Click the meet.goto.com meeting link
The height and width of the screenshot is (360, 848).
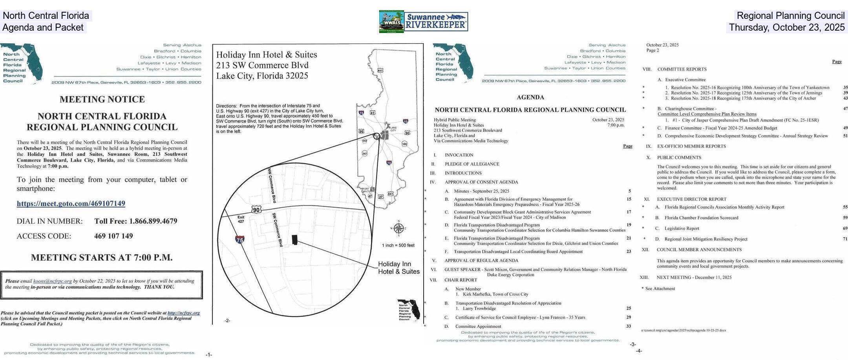(x=71, y=203)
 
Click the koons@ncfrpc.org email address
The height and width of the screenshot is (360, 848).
(x=52, y=281)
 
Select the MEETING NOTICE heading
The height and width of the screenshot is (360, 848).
(x=102, y=99)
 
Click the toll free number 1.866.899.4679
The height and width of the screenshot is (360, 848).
(x=135, y=221)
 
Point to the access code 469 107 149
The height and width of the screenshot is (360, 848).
(x=113, y=236)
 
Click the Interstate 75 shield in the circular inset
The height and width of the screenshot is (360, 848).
(x=240, y=239)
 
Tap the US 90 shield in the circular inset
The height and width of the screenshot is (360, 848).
(x=256, y=210)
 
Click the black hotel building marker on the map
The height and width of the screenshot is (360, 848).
(x=295, y=240)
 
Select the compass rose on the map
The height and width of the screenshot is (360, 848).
(x=398, y=228)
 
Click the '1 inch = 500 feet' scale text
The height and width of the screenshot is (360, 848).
(x=398, y=245)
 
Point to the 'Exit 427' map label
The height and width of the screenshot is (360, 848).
(x=241, y=219)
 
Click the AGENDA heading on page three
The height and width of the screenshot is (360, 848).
(x=530, y=97)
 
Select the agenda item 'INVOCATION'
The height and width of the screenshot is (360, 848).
(x=459, y=155)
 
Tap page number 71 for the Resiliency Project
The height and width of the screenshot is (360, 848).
(x=845, y=239)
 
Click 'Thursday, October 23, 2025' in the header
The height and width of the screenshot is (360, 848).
(x=786, y=27)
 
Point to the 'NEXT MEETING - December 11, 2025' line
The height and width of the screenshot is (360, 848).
(x=694, y=277)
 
